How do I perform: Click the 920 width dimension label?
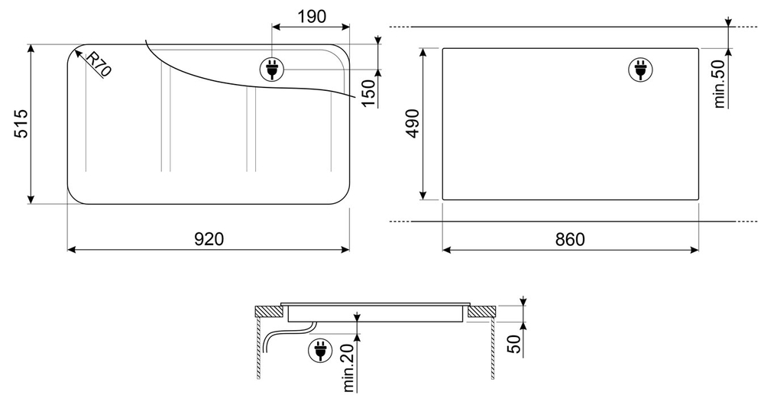[209, 239]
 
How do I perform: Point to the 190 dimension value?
[312, 17]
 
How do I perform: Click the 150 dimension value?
[369, 93]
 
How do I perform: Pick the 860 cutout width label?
[570, 239]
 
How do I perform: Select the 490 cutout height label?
[413, 124]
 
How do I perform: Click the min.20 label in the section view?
[348, 366]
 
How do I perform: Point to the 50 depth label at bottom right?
[515, 343]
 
